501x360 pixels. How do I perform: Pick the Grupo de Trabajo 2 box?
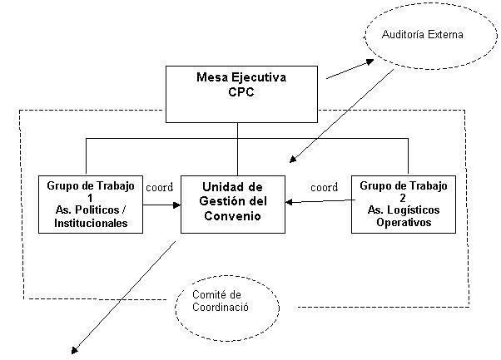pyautogui.click(x=403, y=203)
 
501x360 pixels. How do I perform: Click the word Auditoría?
pyautogui.click(x=407, y=36)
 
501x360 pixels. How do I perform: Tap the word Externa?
pyautogui.click(x=446, y=36)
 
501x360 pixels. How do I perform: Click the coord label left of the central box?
pyautogui.click(x=159, y=187)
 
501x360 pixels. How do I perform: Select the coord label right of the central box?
pyautogui.click(x=324, y=187)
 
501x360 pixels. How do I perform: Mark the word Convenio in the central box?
pyautogui.click(x=234, y=217)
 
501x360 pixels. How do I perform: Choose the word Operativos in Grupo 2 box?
pyautogui.click(x=403, y=223)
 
